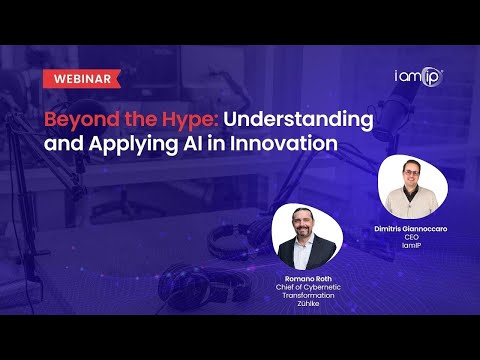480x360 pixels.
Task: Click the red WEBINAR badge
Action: [x=81, y=78]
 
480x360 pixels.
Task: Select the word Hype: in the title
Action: [x=179, y=120]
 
